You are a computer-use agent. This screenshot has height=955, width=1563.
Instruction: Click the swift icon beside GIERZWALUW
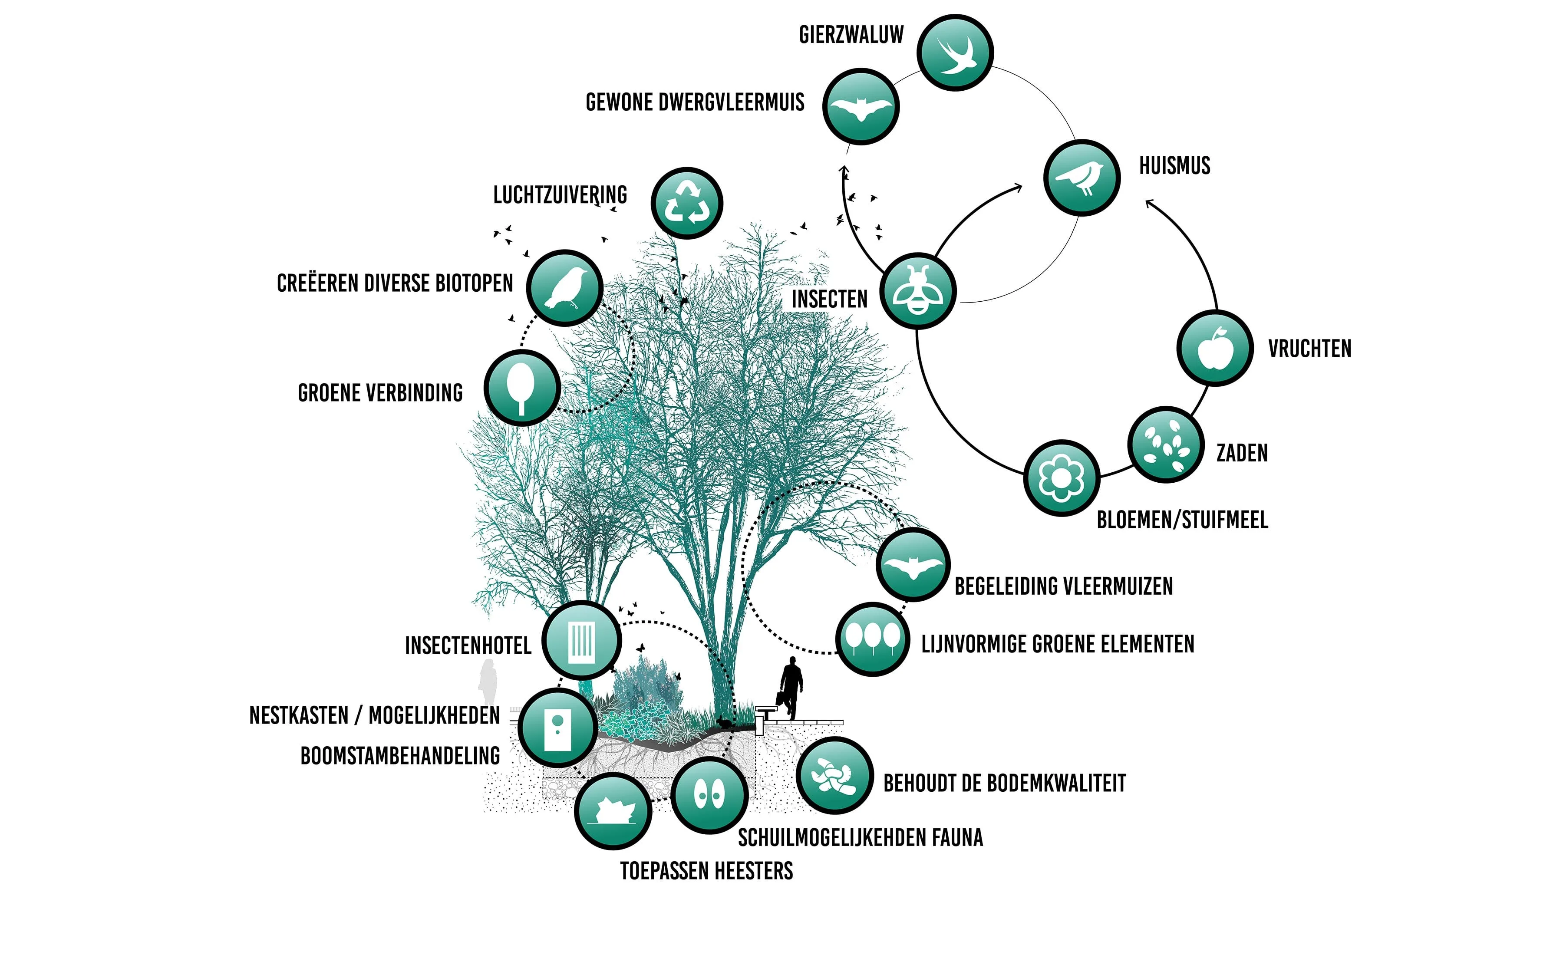tap(955, 53)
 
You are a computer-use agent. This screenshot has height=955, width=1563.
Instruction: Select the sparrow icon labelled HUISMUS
tap(1082, 178)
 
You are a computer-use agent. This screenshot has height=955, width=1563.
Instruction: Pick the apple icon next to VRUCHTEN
tap(1215, 348)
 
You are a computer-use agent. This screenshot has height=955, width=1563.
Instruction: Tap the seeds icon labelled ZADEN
tap(1166, 445)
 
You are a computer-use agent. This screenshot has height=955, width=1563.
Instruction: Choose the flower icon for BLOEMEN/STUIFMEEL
tap(1061, 478)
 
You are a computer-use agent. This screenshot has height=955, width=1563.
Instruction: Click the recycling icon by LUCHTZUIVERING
tap(687, 203)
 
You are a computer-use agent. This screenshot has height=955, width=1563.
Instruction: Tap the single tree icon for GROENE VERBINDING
tap(522, 388)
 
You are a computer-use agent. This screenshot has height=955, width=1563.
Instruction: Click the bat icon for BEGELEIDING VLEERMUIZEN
tap(913, 564)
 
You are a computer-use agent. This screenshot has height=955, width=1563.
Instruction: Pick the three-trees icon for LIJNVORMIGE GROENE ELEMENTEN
tap(873, 639)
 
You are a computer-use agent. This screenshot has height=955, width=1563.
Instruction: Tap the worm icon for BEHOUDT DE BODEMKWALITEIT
tap(834, 775)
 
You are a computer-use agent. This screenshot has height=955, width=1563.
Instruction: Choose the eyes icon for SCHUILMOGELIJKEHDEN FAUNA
tap(709, 794)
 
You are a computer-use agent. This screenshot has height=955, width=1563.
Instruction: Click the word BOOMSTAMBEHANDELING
tap(400, 756)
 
